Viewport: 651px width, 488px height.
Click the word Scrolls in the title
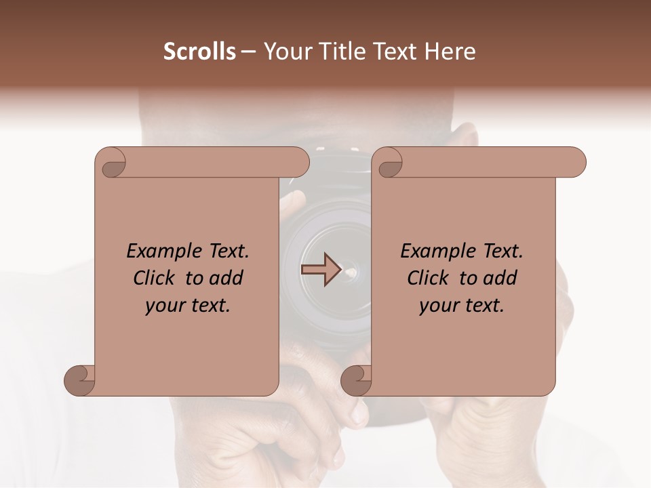(199, 52)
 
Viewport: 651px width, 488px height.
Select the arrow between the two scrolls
(320, 269)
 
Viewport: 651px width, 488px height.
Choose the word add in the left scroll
(226, 279)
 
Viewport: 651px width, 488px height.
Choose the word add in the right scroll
(500, 279)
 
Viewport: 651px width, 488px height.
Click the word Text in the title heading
(398, 52)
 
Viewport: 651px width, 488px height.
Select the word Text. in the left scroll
(226, 251)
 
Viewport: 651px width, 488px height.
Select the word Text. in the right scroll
(500, 251)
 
